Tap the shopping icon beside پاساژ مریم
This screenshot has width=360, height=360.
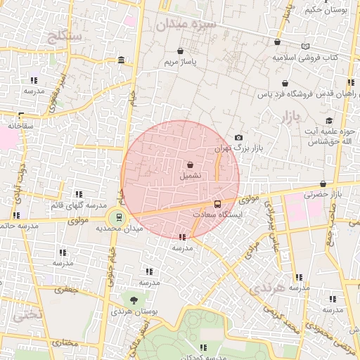pos(181,51)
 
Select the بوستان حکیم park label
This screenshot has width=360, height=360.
pos(329,10)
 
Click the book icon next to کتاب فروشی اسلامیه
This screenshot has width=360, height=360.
pos(304,46)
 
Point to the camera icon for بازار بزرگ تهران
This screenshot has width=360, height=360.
pos(239,137)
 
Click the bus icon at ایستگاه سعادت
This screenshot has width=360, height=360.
pos(217,203)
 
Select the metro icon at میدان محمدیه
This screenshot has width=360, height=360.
pos(119,217)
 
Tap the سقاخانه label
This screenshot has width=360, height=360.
pos(21,125)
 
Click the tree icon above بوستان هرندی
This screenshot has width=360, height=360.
pos(134,301)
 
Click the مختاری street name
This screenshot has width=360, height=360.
pos(63,344)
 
